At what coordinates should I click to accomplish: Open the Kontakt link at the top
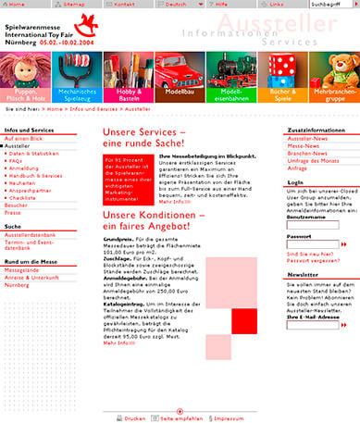click(125, 5)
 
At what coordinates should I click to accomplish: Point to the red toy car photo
click(180, 68)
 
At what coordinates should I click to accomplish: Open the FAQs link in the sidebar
click(16, 160)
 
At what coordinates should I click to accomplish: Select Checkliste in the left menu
click(24, 197)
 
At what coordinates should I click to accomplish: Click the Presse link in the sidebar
click(13, 212)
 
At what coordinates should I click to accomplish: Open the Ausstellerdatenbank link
click(31, 235)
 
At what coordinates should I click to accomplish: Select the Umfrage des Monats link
click(315, 160)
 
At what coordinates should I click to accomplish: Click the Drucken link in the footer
click(133, 417)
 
